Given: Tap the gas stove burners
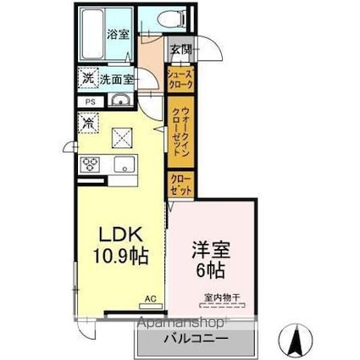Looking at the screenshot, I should tap(91, 164).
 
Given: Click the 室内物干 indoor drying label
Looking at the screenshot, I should tap(222, 297).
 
